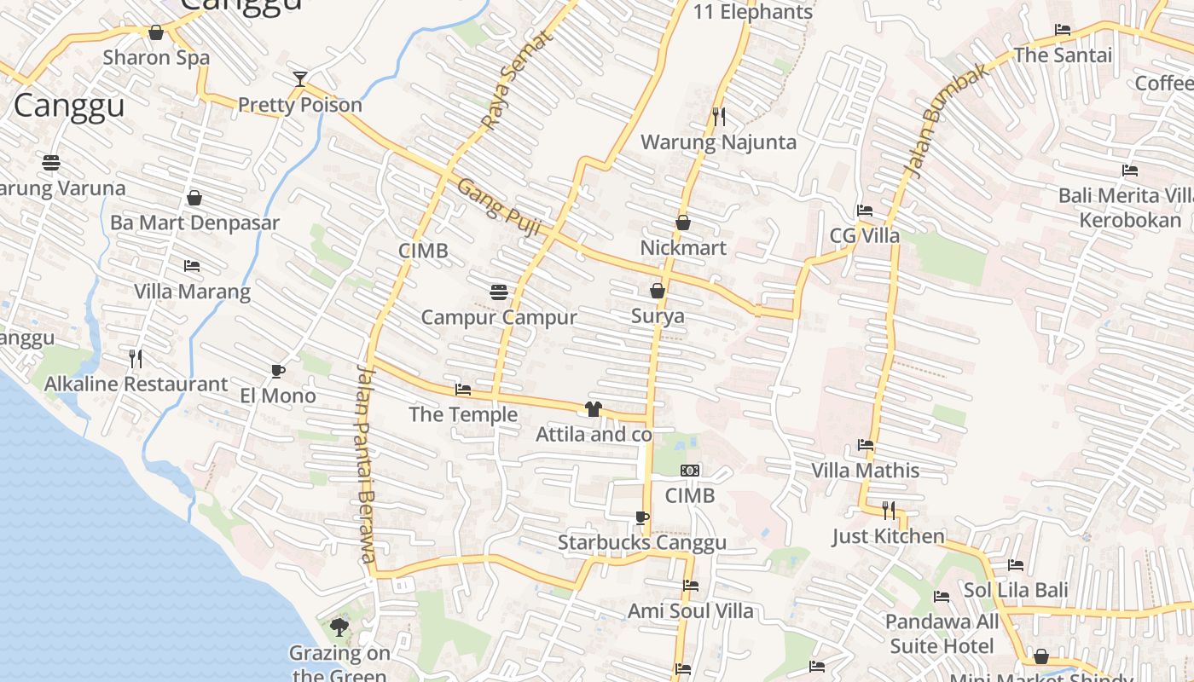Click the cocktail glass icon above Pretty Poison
click(299, 79)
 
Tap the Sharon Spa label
click(156, 58)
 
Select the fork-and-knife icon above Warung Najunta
click(718, 115)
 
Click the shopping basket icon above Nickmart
click(683, 223)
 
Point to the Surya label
click(658, 316)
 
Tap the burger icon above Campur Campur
click(499, 292)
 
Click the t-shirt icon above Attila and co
click(594, 409)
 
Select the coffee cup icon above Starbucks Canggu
click(642, 517)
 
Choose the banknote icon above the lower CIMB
click(690, 471)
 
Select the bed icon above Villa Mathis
click(866, 445)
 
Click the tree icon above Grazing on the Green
click(339, 628)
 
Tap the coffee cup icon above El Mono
click(277, 371)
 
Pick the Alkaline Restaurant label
click(136, 384)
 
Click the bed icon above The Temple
click(463, 390)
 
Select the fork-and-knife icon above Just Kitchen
click(889, 511)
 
